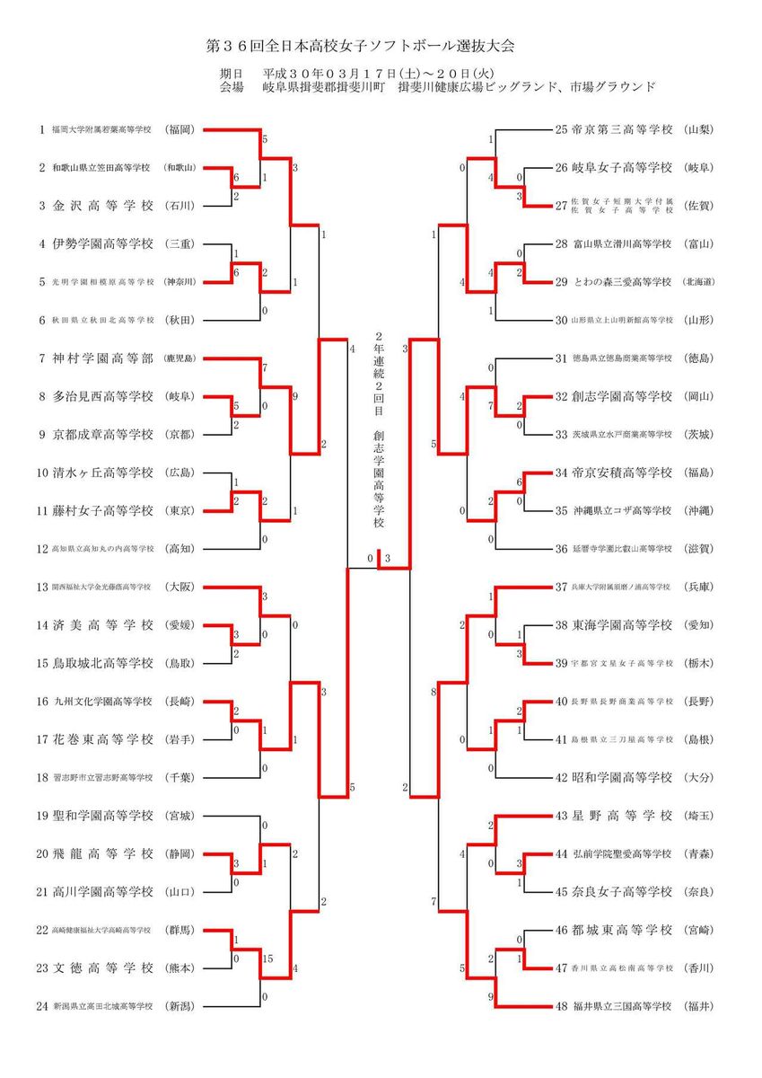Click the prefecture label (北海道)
point(698,282)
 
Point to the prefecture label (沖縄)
point(698,510)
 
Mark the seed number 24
point(41,1006)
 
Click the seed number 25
point(562,129)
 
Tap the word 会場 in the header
point(232,87)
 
